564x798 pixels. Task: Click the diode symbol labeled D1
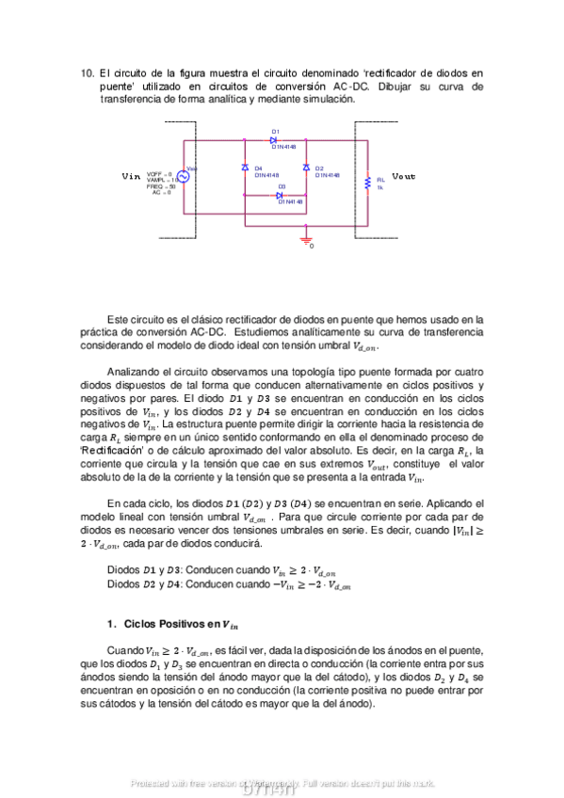tap(273, 139)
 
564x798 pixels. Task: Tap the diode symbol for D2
tap(306, 168)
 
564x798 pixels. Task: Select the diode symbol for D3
tap(280, 195)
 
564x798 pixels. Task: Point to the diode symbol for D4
tap(245, 168)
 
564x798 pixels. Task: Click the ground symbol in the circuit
tap(305, 241)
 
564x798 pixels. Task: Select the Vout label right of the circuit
tap(403, 176)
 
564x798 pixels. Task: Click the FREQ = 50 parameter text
tap(160, 186)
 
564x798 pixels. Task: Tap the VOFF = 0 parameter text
tap(159, 174)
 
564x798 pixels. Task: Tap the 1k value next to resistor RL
tap(379, 187)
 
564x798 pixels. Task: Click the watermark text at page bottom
tap(282, 783)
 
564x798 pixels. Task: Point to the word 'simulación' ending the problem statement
tap(326, 100)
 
